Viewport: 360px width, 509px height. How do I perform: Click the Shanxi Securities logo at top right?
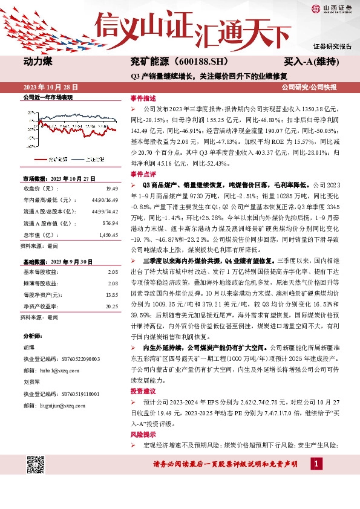tap(332, 8)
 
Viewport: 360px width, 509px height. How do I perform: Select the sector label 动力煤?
tap(38, 62)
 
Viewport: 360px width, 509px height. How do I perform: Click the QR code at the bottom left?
tap(36, 465)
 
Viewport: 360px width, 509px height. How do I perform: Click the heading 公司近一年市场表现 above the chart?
tap(48, 97)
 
